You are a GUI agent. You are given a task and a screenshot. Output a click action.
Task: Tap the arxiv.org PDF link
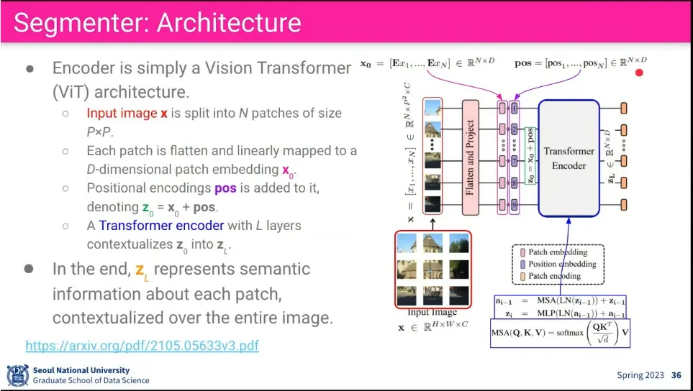click(142, 346)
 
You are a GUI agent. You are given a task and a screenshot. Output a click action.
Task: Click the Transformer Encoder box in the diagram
click(569, 158)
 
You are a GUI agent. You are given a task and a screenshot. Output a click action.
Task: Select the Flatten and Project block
click(471, 157)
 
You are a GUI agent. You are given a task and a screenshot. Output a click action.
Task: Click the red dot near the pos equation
click(638, 72)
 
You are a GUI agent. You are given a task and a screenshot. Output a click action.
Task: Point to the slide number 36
click(676, 375)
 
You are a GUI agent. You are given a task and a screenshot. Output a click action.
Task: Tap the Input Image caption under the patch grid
click(432, 313)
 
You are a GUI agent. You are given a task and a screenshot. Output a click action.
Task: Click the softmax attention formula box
click(560, 333)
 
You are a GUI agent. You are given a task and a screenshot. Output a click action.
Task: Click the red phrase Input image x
click(127, 114)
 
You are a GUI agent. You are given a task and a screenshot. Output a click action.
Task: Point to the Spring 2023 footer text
click(638, 375)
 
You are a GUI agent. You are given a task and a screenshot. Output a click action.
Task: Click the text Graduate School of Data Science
click(91, 381)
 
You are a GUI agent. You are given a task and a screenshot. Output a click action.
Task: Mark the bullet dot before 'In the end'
click(30, 268)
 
